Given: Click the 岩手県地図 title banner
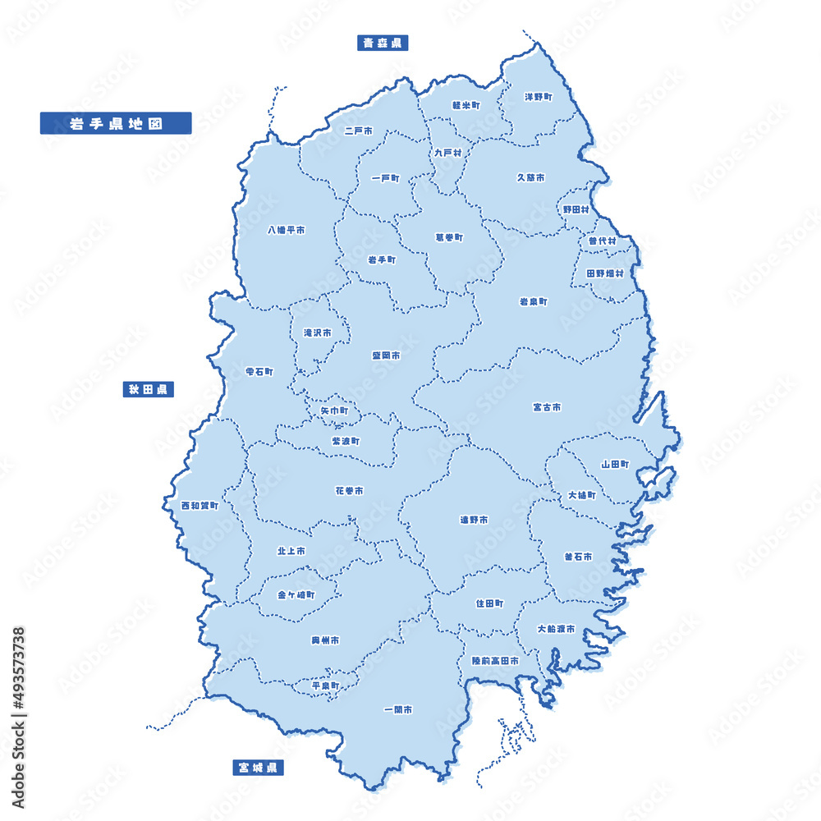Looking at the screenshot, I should click(115, 123).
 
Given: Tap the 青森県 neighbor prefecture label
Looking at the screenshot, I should click(383, 43).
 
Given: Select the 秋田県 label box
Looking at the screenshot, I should click(148, 389).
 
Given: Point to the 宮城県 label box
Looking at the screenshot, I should click(259, 768).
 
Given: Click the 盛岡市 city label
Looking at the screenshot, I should click(386, 355).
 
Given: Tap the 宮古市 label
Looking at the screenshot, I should click(547, 406).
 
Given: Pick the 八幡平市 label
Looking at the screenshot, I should click(287, 231).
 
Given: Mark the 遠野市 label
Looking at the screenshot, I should click(474, 520).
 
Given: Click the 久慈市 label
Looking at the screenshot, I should click(530, 177).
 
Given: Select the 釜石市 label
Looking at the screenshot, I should click(578, 556).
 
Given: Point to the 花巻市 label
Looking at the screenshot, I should click(349, 491).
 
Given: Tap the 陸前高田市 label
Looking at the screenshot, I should click(495, 661).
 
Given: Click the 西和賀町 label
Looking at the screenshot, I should click(200, 506).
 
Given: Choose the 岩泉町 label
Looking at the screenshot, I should click(533, 301).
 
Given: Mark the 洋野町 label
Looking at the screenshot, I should click(539, 97).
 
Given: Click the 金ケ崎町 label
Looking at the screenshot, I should click(296, 594).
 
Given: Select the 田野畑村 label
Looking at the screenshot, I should click(605, 273).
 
